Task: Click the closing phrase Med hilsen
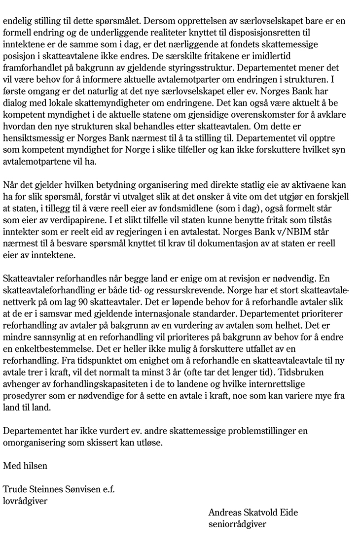pyautogui.click(x=26, y=465)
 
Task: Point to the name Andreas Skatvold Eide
pyautogui.click(x=253, y=513)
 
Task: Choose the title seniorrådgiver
pyautogui.click(x=237, y=524)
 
